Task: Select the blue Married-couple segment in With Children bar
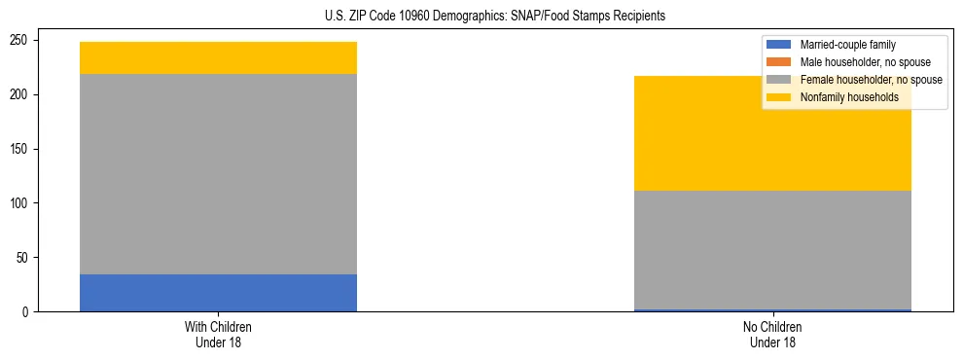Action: click(x=218, y=293)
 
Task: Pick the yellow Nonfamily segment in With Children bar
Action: click(x=218, y=58)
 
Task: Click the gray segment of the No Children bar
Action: click(x=772, y=249)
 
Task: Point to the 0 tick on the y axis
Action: click(x=28, y=312)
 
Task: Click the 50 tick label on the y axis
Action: click(x=25, y=258)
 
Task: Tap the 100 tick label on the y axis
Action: click(x=22, y=203)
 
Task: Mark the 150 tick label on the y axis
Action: click(x=22, y=149)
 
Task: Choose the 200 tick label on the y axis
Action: click(x=22, y=94)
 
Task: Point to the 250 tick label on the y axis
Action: click(x=22, y=41)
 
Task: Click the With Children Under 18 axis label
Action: click(x=218, y=334)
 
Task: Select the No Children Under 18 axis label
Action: click(x=772, y=334)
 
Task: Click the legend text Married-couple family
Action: click(x=848, y=45)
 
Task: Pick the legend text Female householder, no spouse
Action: click(x=871, y=80)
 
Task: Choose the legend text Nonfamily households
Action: click(x=848, y=97)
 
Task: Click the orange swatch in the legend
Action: click(x=779, y=62)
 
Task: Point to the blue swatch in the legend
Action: click(x=779, y=45)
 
